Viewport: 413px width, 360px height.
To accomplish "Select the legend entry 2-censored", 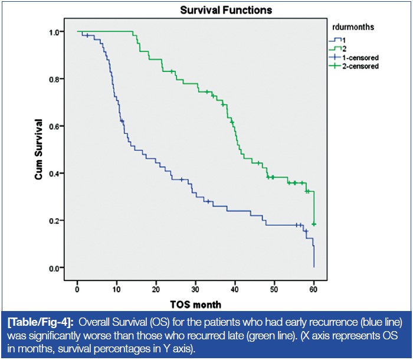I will point(358,67).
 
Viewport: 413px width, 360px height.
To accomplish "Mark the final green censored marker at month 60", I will point(314,224).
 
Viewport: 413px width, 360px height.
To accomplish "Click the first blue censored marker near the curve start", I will point(87,35).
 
